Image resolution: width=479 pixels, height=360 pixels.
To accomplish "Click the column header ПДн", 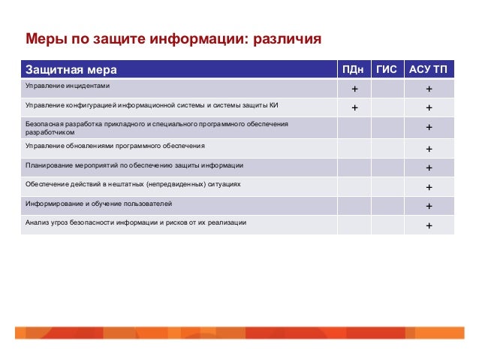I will point(354,69).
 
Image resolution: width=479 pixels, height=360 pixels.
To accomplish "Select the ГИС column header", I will point(387,69).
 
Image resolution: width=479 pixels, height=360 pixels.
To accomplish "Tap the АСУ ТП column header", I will point(428,69).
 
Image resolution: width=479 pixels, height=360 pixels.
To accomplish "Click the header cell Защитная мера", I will point(71,70).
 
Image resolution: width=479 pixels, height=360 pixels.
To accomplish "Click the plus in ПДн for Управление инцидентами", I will point(354,89).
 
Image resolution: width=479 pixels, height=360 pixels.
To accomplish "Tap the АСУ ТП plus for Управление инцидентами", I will point(429,89).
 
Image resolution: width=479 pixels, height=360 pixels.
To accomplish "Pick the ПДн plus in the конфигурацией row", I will point(354,107).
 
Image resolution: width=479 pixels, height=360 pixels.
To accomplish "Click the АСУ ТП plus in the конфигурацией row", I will point(429,107).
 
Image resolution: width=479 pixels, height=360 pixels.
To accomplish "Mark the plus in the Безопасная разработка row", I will point(429,128).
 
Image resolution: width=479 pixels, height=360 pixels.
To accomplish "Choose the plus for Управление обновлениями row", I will point(429,148).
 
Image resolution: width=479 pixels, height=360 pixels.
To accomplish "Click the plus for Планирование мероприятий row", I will point(429,168).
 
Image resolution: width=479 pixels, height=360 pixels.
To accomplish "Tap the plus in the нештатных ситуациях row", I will point(429,187).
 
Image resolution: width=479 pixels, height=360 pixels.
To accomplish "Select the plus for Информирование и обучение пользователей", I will point(429,206).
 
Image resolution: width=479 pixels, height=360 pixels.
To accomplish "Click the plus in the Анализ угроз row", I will point(429,225).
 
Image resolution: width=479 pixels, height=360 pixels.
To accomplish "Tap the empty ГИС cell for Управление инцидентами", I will point(387,89).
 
